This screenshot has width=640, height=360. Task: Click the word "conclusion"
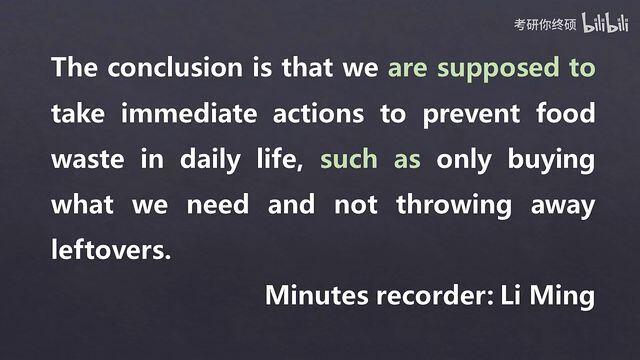[175, 67]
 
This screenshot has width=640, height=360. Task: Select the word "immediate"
[189, 113]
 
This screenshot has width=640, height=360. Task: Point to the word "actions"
[318, 114]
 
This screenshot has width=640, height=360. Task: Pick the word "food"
[566, 113]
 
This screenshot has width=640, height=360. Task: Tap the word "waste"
[88, 160]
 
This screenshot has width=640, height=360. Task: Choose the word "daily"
[210, 161]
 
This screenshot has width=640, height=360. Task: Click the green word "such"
[349, 159]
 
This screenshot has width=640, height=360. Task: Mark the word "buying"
[551, 161]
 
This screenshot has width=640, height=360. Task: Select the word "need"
[218, 204]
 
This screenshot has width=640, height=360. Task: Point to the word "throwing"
[454, 207]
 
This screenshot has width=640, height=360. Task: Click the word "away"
[563, 207]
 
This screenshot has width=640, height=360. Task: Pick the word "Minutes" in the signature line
[317, 295]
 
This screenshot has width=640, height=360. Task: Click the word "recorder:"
[436, 296]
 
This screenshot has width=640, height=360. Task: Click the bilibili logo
[605, 23]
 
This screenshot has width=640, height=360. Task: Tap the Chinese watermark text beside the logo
[545, 24]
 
